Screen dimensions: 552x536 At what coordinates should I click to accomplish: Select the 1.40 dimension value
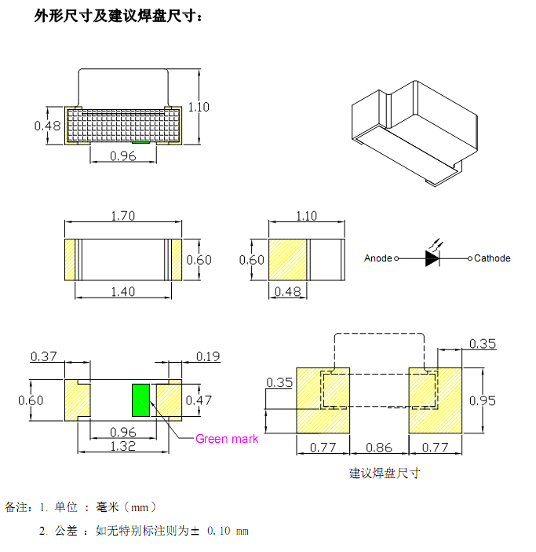click(122, 291)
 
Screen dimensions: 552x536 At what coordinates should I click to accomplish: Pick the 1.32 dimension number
click(122, 446)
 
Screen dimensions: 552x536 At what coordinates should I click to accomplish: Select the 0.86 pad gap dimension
click(379, 448)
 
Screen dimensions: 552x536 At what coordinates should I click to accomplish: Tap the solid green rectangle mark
click(141, 400)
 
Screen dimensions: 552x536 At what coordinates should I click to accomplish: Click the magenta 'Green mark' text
click(226, 439)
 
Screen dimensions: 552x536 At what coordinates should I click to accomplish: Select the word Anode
click(377, 258)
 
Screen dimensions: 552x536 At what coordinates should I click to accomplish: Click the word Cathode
click(492, 258)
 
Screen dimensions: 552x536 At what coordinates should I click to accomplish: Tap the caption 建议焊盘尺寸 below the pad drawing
click(385, 473)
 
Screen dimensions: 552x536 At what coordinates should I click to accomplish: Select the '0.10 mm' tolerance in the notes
click(228, 532)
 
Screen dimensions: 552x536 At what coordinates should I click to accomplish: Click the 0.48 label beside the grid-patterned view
click(47, 126)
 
